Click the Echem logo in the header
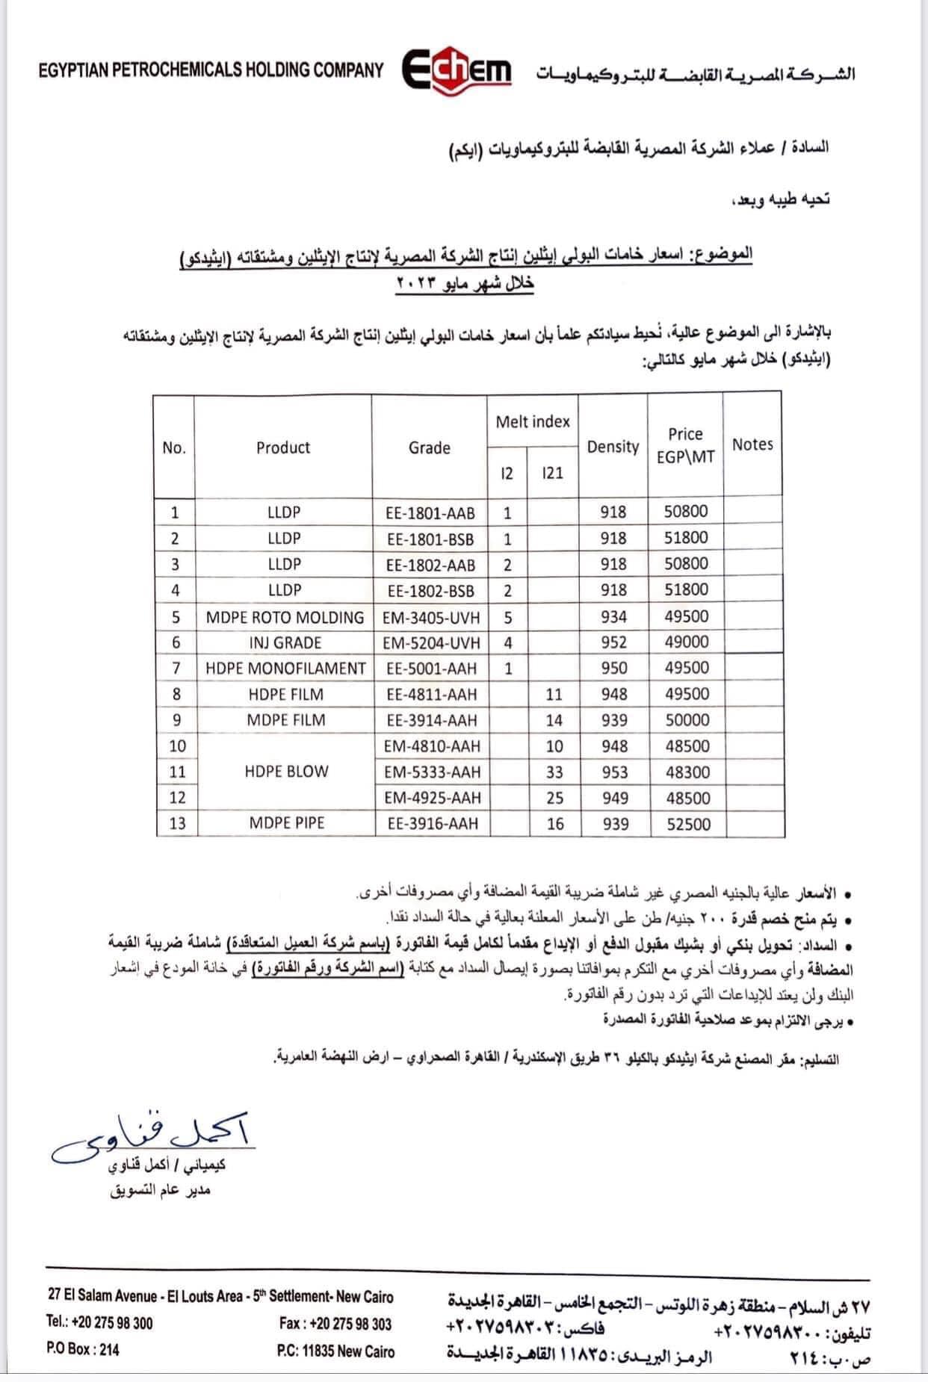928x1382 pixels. [457, 72]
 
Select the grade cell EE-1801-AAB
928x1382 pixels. [430, 513]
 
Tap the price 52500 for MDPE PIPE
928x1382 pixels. [687, 824]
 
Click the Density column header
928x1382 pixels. [613, 447]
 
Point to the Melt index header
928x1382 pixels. [533, 422]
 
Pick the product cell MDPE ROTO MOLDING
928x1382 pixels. [285, 617]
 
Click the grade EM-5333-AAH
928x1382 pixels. [432, 772]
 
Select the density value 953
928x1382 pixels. [614, 772]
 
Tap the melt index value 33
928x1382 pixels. [554, 772]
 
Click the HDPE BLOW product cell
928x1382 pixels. [286, 772]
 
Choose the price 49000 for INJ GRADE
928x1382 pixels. [687, 642]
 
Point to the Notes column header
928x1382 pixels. [752, 444]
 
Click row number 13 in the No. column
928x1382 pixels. [177, 823]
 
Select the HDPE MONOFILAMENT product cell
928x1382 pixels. [285, 669]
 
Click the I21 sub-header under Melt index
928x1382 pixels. [553, 473]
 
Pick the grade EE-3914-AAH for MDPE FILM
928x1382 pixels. [432, 720]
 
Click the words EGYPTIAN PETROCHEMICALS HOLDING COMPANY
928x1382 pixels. [211, 70]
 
